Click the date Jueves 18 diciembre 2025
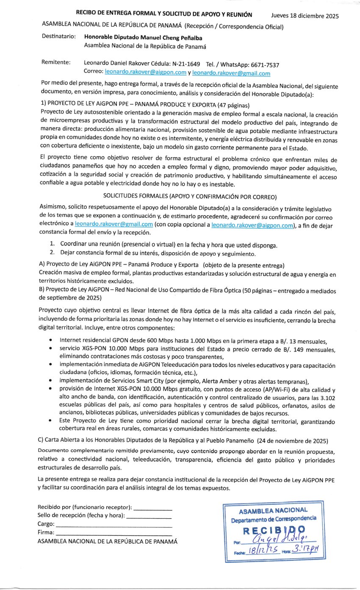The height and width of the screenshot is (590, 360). pos(305,17)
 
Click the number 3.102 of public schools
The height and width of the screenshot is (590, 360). pos(328,398)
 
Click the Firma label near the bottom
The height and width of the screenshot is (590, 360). pos(46,532)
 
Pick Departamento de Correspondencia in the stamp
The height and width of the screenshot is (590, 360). pos(274,519)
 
